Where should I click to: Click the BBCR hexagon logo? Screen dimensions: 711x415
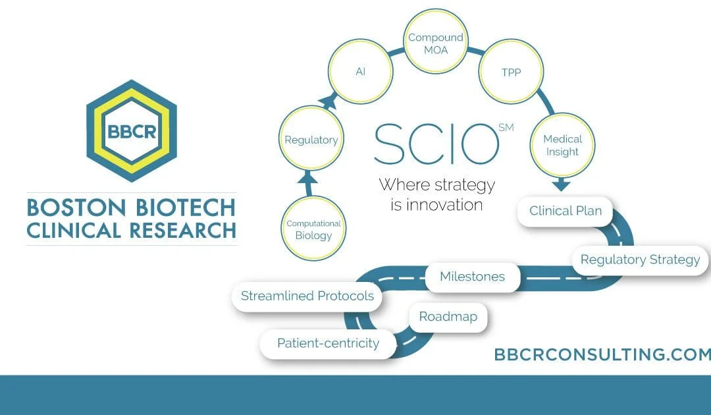point(132,130)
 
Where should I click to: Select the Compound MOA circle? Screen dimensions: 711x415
point(436,41)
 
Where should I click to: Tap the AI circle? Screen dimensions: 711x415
point(361,71)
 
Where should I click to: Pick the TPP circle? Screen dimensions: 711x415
point(511,72)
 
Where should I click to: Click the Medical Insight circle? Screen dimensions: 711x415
point(562,145)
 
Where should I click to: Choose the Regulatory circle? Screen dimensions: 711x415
point(311,138)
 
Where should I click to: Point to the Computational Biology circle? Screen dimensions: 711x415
point(313,228)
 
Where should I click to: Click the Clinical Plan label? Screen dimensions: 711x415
point(566,211)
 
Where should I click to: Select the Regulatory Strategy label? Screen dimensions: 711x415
point(641,260)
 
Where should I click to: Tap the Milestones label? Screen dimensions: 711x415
point(473,276)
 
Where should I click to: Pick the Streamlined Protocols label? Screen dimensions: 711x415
point(307,296)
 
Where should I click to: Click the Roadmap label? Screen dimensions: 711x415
point(448,317)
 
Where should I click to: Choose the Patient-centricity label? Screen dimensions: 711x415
point(329,343)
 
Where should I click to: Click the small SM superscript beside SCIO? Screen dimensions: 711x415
point(506,127)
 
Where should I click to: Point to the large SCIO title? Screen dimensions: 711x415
point(436,144)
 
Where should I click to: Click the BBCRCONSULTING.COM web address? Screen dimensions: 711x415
point(602,354)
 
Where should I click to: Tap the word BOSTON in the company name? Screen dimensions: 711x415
point(76,207)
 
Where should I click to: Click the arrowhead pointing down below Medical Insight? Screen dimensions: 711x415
point(562,184)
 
